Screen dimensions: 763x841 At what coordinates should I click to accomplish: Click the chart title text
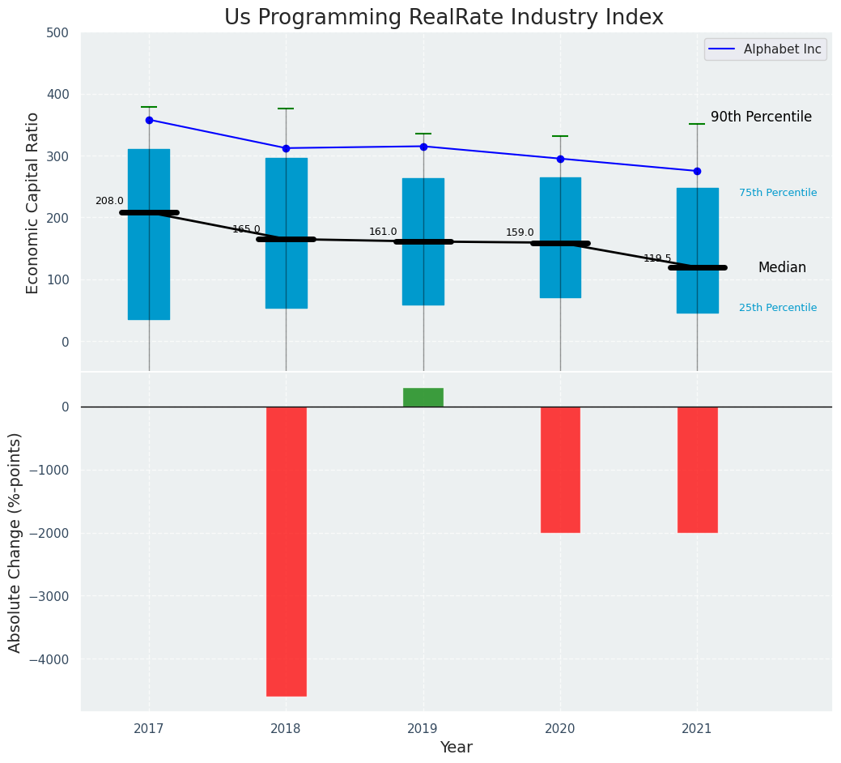pyautogui.click(x=444, y=18)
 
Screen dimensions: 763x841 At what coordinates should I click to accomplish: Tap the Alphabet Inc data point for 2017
pyautogui.click(x=149, y=120)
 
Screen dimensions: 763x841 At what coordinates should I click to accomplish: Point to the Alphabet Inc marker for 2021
pyautogui.click(x=697, y=171)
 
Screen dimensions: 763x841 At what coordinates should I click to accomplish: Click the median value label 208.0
pyautogui.click(x=109, y=201)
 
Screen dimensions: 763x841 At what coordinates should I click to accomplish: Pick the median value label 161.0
pyautogui.click(x=383, y=232)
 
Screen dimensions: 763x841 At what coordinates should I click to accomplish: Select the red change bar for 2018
pyautogui.click(x=287, y=551)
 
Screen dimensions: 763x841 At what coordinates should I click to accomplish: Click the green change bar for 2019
pyautogui.click(x=423, y=397)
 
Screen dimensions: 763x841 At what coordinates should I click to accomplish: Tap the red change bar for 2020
pyautogui.click(x=560, y=470)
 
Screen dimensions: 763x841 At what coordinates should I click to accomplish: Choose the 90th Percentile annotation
pyautogui.click(x=761, y=117)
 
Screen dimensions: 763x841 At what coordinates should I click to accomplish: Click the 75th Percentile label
pyautogui.click(x=778, y=193)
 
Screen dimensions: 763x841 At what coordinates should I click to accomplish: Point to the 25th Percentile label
pyautogui.click(x=778, y=308)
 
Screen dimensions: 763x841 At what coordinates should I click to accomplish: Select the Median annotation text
pyautogui.click(x=782, y=267)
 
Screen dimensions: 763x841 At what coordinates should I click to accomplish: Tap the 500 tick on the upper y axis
pyautogui.click(x=64, y=33)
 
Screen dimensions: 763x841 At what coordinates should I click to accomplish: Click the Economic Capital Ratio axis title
pyautogui.click(x=33, y=202)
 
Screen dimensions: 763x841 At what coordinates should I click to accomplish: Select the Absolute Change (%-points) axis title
pyautogui.click(x=15, y=542)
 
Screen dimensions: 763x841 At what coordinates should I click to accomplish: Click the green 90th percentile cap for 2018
pyautogui.click(x=286, y=109)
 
